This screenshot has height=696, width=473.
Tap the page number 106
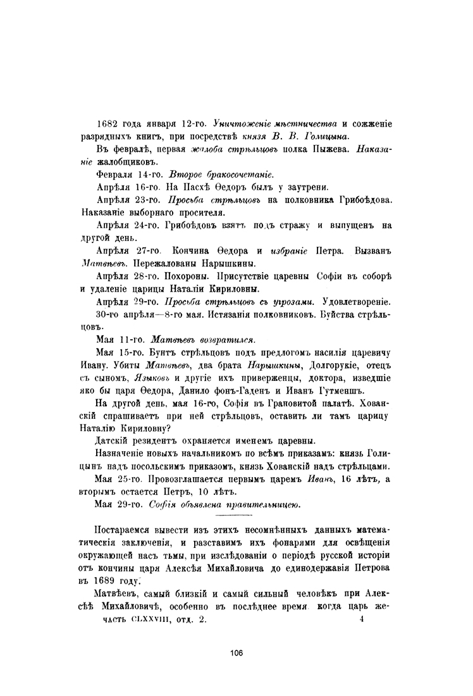(x=236, y=653)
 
